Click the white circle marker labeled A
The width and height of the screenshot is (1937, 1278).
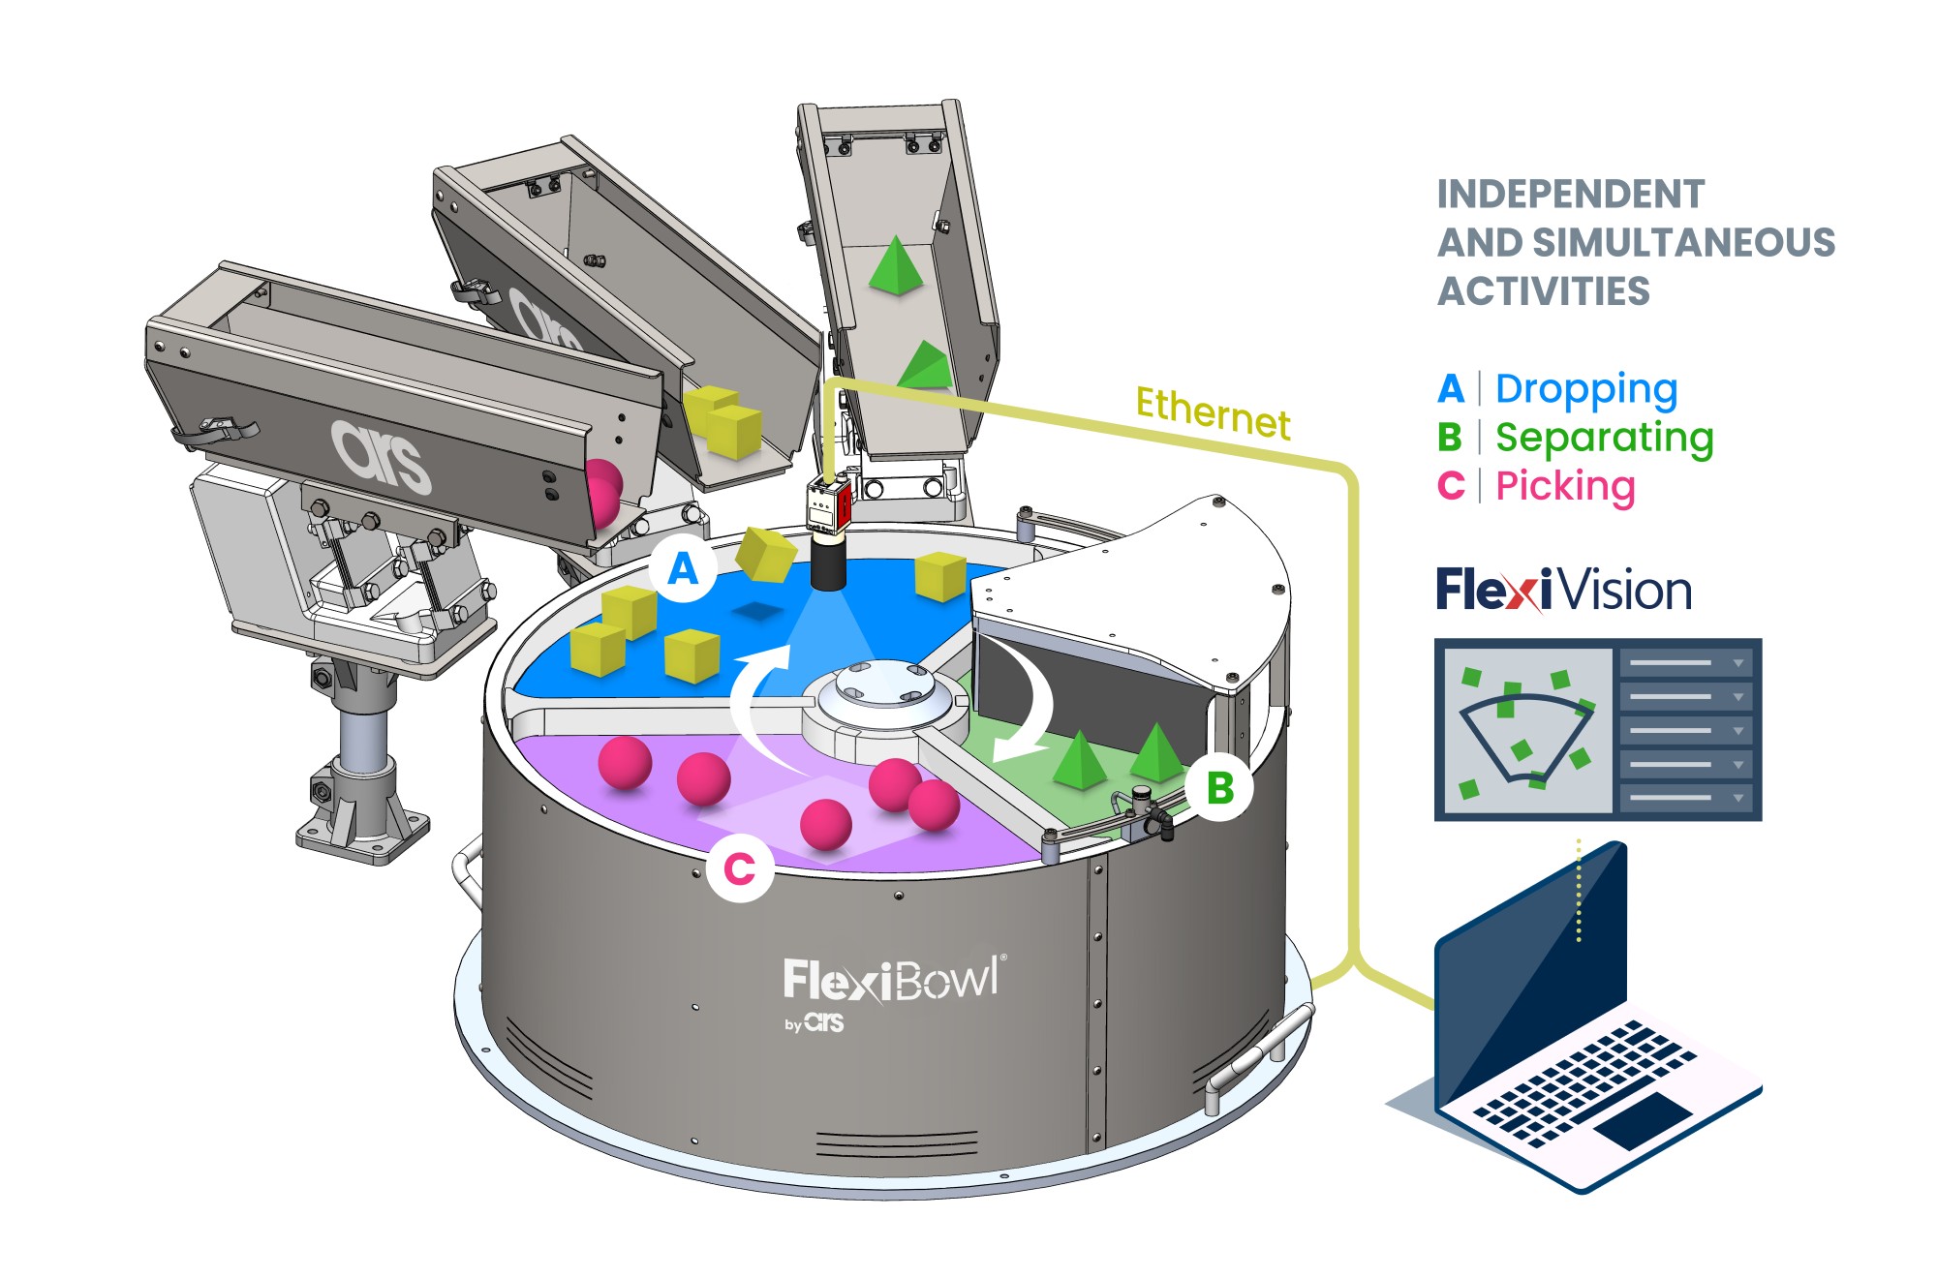[683, 569]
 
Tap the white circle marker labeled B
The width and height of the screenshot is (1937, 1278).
[1220, 788]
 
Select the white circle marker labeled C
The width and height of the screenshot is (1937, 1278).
[740, 868]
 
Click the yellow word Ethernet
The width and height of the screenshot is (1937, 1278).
[1213, 411]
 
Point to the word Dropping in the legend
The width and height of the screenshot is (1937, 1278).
[1586, 389]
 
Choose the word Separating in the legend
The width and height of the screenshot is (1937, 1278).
[1604, 438]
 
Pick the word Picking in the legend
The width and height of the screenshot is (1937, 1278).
[1565, 486]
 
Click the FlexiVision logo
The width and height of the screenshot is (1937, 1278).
[1563, 590]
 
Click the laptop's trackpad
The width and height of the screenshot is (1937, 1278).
[1643, 1120]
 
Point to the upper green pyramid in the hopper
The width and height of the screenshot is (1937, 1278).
[895, 265]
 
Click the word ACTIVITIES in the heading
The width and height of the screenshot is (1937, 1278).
[1543, 291]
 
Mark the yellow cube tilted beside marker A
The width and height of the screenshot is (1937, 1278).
[765, 555]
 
